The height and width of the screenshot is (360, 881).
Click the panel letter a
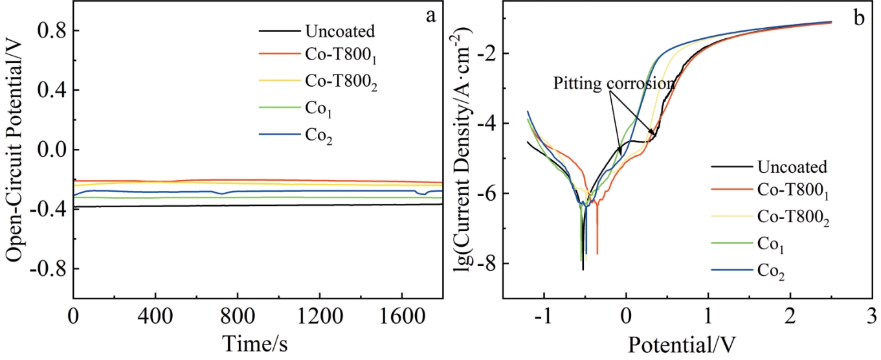pos(430,17)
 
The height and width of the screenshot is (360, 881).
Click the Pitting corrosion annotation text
pos(613,84)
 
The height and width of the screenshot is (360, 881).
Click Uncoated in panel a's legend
pos(339,31)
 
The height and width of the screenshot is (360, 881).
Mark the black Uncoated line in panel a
pos(194,206)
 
